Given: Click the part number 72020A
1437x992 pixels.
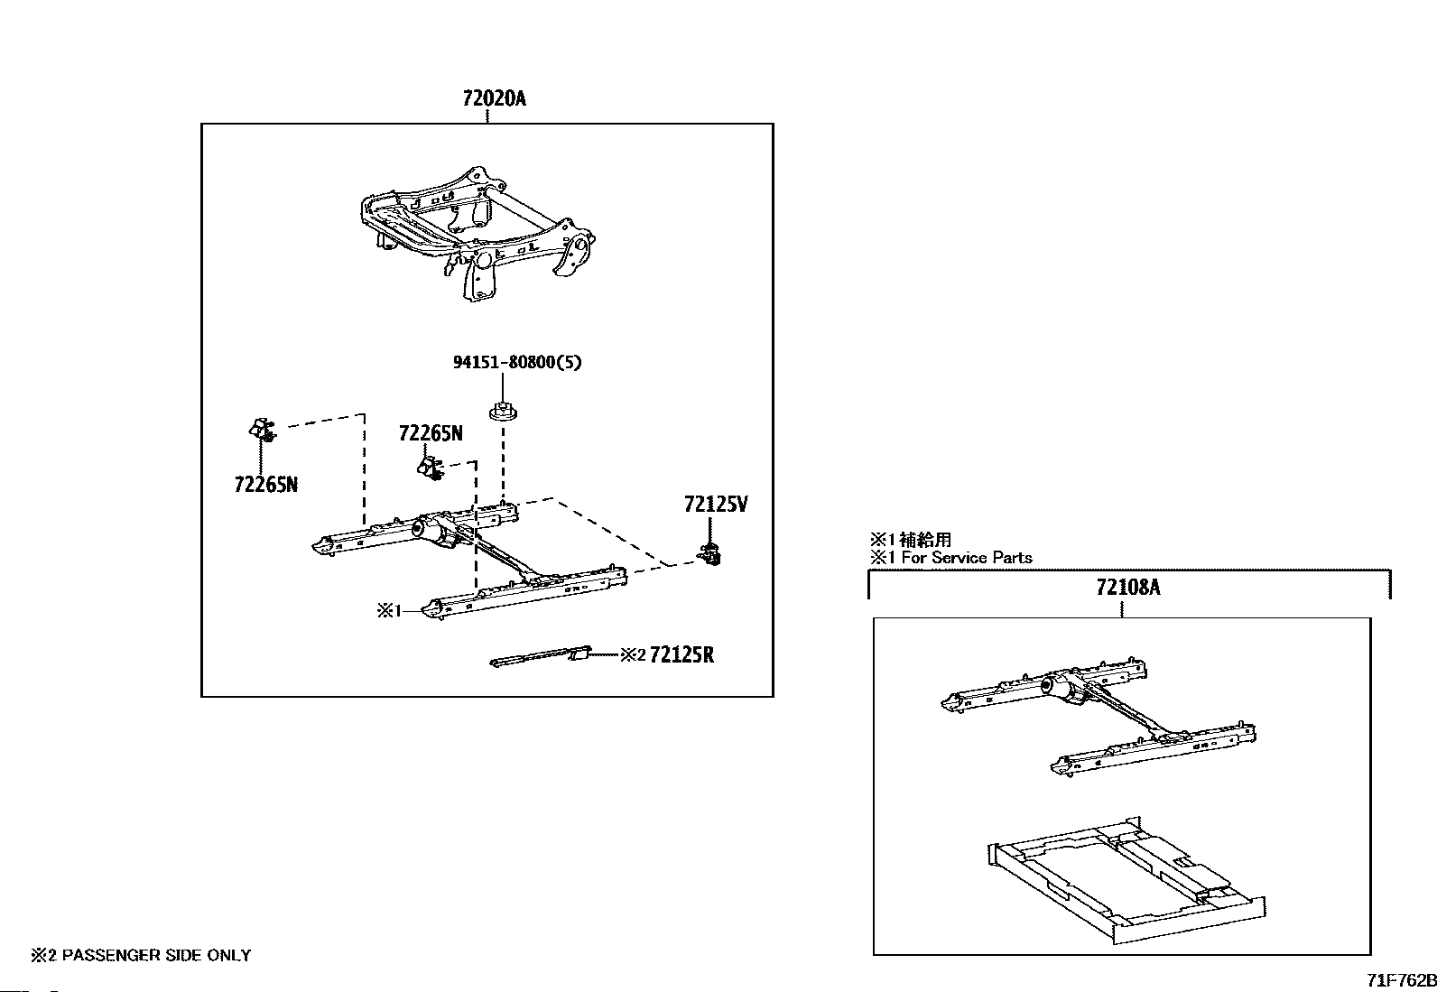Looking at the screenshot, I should click(494, 98).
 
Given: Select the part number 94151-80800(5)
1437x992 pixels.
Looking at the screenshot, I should click(517, 363).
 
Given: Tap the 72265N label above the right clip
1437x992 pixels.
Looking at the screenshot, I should click(431, 434).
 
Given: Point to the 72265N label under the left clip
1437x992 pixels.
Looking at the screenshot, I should click(265, 485).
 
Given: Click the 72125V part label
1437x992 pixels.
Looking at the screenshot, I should click(716, 505).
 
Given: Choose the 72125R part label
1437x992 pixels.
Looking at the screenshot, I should click(681, 655).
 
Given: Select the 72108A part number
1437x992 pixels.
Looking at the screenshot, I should click(1127, 588).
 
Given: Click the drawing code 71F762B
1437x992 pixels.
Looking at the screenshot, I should click(1399, 980).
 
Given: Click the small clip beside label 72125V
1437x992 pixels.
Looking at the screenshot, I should click(711, 554).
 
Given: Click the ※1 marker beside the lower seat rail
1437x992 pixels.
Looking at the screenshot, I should click(388, 611).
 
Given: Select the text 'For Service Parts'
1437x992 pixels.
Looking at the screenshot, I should click(967, 558).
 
